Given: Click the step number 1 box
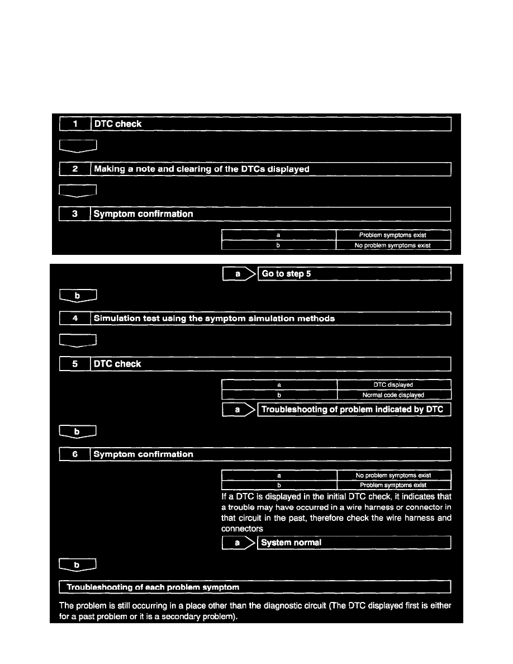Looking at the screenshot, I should [x=75, y=124].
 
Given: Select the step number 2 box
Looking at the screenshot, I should [x=75, y=169].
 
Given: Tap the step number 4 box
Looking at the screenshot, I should [x=75, y=319].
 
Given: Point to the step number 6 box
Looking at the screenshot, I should [x=75, y=454].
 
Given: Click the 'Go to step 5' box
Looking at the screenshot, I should [x=354, y=274].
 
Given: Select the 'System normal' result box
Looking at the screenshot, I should [x=354, y=543].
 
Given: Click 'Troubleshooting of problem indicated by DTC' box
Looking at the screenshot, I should [x=354, y=410].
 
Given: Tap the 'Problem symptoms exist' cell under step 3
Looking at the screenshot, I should [x=393, y=235].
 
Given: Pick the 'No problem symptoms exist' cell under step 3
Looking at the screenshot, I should [x=393, y=245].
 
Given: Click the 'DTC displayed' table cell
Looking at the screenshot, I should [x=393, y=385].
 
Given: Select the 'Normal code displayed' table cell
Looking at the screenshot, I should [x=393, y=395].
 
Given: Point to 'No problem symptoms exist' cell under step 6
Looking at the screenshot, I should [x=393, y=476].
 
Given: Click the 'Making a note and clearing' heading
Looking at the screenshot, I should [x=202, y=169].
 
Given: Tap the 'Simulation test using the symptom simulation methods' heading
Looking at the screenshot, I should [x=215, y=319].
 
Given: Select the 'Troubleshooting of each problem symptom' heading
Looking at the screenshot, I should [x=153, y=587].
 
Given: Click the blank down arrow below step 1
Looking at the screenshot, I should [x=78, y=146].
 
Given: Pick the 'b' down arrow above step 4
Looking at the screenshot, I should [x=78, y=296].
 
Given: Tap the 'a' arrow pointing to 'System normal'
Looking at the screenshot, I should [x=239, y=543].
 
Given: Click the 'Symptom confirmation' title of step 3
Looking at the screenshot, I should [x=144, y=214].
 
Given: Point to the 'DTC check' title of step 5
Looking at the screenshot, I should [x=117, y=364].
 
